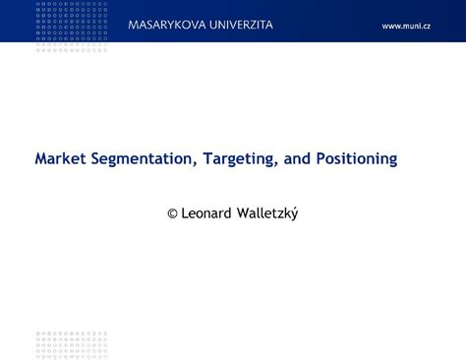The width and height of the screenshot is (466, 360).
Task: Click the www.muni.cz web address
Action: coord(406,26)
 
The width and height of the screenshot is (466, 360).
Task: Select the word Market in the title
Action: coord(58,157)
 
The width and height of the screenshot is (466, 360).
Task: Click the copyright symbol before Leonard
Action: coord(172,212)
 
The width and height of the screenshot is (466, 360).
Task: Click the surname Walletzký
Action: coord(269,213)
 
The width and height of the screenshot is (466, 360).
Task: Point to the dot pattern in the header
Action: coord(72,27)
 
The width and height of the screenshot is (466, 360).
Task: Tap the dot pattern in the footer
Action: coord(72,343)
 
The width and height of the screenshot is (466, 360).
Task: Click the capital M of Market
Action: coord(41,157)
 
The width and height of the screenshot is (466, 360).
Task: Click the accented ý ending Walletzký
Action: coord(293,213)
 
